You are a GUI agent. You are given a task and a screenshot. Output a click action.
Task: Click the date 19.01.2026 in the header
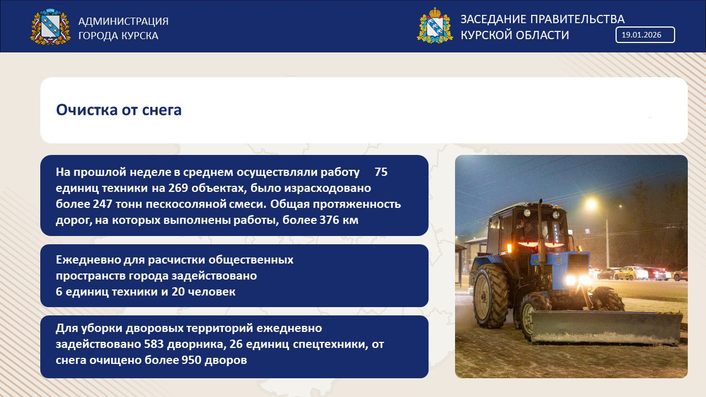(641, 35)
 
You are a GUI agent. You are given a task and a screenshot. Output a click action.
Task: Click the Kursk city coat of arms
(50, 26)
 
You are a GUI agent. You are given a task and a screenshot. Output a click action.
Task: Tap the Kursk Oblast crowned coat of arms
(435, 25)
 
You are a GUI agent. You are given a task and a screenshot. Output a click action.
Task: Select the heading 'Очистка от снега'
(119, 110)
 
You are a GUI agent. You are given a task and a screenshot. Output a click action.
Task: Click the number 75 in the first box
(381, 172)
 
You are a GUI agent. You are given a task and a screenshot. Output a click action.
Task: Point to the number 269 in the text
(178, 188)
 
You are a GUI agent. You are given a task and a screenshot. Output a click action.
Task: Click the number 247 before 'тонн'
(103, 204)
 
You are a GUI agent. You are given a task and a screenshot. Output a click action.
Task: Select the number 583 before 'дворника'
(154, 344)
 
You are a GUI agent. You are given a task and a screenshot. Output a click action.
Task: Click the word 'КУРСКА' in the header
(140, 36)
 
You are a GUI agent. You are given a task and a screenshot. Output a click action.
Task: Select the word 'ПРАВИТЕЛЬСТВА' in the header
(577, 19)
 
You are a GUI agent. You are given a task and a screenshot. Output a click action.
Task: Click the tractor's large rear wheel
(490, 296)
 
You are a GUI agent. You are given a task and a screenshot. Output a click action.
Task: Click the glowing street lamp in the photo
(592, 204)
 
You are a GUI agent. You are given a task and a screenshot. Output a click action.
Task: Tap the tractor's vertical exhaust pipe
(541, 232)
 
